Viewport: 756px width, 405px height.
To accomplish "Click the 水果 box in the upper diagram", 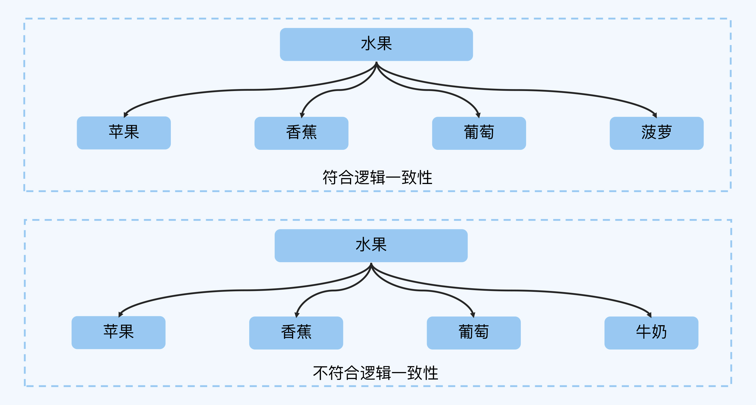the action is pos(376,44).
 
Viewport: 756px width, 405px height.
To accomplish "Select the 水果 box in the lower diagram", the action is pos(371,245).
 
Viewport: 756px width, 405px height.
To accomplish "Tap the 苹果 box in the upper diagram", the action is pos(124,133).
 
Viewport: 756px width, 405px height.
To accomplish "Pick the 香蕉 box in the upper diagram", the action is pos(301,133).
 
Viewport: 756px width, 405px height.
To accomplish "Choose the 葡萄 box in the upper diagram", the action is pos(479,133).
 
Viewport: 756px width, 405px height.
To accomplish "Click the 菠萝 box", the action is pos(657,133).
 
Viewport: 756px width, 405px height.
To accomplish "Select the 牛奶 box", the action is pos(651,333).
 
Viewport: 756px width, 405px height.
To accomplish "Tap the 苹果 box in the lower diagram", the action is pos(118,332).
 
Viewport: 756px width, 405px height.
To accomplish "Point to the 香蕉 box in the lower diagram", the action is pos(296,333).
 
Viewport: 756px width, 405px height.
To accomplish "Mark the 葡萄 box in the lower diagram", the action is pos(474,333).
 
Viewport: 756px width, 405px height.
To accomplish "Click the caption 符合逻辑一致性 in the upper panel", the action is pos(377,177).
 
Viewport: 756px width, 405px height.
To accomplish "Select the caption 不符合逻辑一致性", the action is pos(375,373).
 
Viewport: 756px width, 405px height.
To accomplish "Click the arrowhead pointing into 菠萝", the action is pos(654,115).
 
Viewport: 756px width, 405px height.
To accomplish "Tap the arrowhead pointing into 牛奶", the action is pos(649,315).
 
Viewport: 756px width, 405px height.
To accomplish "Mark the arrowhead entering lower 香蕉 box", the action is pos(297,315).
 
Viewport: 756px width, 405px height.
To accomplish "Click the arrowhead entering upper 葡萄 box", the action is pos(478,115).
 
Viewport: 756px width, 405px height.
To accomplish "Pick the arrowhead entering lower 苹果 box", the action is pos(121,314).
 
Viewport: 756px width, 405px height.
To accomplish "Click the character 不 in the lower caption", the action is pos(320,373).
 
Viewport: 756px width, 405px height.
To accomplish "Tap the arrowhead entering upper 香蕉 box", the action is pos(302,115).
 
